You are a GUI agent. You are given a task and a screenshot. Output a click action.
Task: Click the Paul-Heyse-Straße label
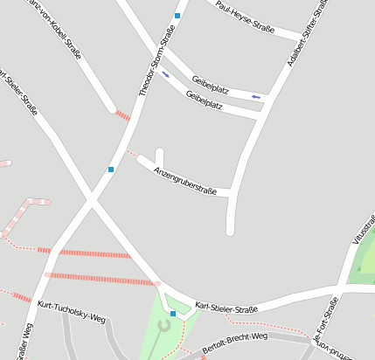pyautogui.click(x=245, y=19)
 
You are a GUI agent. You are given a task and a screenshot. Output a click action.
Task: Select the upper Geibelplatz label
pyautogui.click(x=210, y=84)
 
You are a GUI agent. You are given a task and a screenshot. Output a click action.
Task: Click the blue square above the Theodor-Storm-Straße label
pyautogui.click(x=177, y=16)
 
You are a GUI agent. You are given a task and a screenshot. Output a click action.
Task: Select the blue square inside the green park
pyautogui.click(x=173, y=313)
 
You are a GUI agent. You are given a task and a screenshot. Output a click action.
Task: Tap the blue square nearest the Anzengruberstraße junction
pyautogui.click(x=111, y=169)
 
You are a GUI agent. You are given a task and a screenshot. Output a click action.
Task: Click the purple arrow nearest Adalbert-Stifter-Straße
pyautogui.click(x=255, y=95)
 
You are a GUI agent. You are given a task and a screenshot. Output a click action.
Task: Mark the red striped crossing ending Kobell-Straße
pyautogui.click(x=122, y=114)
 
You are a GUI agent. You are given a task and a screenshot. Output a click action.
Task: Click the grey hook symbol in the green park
pyautogui.click(x=163, y=326)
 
